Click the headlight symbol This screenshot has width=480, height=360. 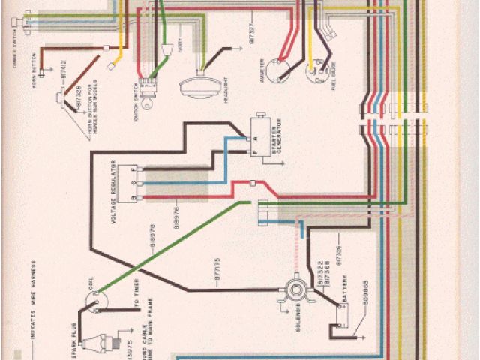click(x=197, y=85)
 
